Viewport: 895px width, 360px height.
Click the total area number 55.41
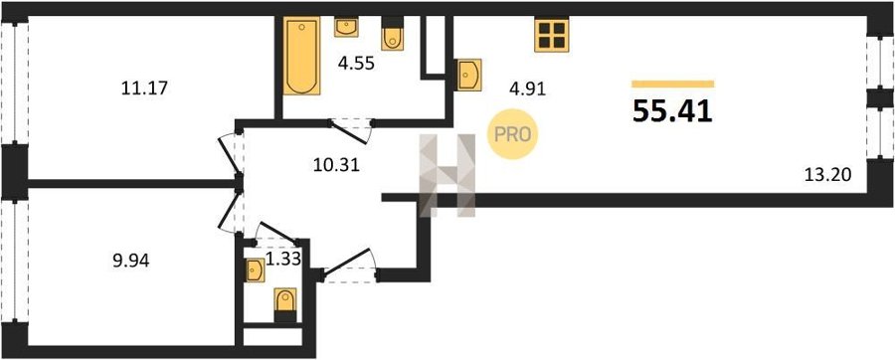(x=672, y=111)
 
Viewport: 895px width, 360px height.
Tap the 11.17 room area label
(x=144, y=89)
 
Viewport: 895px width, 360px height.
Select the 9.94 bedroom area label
(x=130, y=262)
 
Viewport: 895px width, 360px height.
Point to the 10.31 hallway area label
(x=336, y=165)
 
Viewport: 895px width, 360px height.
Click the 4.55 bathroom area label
(x=356, y=63)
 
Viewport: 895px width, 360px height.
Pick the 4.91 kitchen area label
(x=528, y=89)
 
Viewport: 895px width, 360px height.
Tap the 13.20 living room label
(x=827, y=175)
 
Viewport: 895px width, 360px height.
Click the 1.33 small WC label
(x=283, y=260)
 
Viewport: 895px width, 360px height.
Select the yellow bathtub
(x=301, y=56)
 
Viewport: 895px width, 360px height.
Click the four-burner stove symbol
(x=552, y=35)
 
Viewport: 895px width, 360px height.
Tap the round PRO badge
(x=512, y=135)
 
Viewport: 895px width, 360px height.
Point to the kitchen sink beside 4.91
(x=469, y=75)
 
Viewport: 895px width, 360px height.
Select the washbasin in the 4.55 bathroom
(x=346, y=27)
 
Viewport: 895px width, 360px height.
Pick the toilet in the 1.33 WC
(x=285, y=305)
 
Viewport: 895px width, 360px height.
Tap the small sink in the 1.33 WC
(x=256, y=270)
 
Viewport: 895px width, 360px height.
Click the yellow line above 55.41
(x=673, y=84)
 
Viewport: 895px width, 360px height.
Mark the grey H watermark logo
(x=447, y=176)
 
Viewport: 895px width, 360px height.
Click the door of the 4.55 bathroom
(x=351, y=131)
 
